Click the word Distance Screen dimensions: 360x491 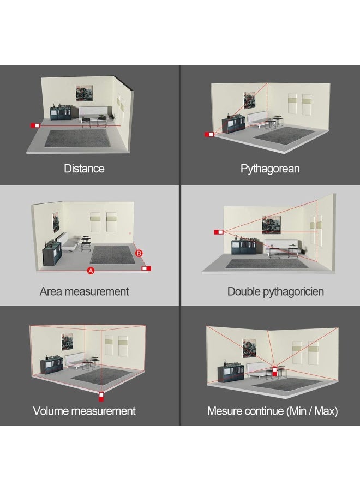[x=84, y=169]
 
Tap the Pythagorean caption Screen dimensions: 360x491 [x=270, y=169]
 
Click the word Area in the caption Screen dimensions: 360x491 [x=51, y=291]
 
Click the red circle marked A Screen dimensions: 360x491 [x=91, y=271]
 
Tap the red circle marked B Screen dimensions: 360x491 [x=139, y=253]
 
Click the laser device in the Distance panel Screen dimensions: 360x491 [x=35, y=125]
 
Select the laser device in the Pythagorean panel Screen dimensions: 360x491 [x=209, y=134]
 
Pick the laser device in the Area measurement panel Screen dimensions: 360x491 [x=146, y=268]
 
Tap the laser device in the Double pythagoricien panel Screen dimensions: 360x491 [x=219, y=232]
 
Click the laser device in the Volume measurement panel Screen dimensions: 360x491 [x=101, y=397]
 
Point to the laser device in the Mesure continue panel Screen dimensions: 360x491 [x=274, y=372]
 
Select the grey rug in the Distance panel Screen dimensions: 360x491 [x=77, y=138]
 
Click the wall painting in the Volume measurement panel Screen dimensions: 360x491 [x=67, y=342]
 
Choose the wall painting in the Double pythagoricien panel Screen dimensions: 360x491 [x=272, y=225]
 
